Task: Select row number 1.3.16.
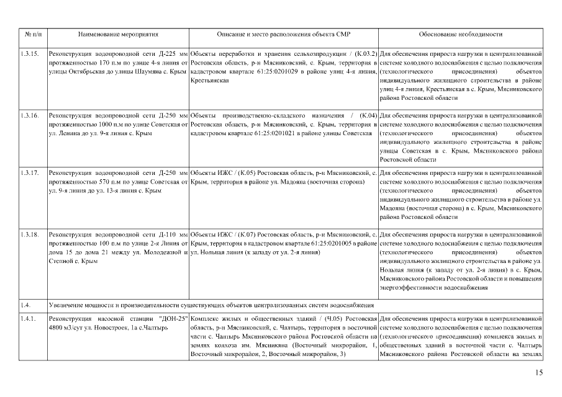[x=29, y=116]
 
